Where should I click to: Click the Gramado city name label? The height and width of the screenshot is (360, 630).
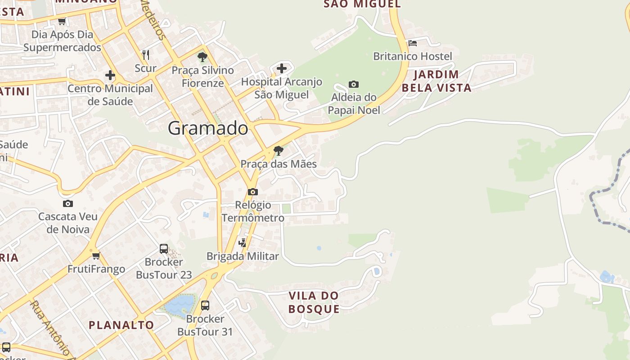(x=208, y=129)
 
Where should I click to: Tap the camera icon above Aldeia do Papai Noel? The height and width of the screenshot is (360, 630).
(x=354, y=84)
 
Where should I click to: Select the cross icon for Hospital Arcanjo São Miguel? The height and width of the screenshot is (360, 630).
(x=282, y=68)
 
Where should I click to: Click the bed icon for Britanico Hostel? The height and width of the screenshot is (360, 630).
(x=413, y=43)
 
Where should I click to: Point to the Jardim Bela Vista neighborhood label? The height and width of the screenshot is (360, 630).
(x=436, y=81)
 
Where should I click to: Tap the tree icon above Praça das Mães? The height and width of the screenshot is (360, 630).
(x=279, y=150)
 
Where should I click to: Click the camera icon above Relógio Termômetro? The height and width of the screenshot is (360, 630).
(x=253, y=192)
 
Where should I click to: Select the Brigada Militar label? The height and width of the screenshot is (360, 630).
(x=243, y=256)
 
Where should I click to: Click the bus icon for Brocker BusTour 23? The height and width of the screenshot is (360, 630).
(x=164, y=248)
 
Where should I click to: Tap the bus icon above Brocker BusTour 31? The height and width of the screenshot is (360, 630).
(x=205, y=306)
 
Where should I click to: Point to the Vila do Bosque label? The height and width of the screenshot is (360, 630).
(x=314, y=302)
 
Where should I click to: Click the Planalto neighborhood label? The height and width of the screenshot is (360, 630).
(x=121, y=325)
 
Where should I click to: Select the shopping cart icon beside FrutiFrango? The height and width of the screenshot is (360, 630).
(x=96, y=256)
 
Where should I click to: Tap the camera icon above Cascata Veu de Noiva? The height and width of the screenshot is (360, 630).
(x=68, y=203)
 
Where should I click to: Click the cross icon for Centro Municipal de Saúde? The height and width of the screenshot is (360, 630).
(x=110, y=75)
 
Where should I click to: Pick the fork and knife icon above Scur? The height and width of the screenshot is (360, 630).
(x=145, y=55)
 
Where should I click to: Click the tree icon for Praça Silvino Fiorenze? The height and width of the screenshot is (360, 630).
(x=202, y=57)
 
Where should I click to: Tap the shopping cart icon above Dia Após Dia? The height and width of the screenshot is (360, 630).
(x=62, y=21)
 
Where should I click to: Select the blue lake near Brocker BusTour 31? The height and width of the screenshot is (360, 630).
(x=180, y=305)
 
